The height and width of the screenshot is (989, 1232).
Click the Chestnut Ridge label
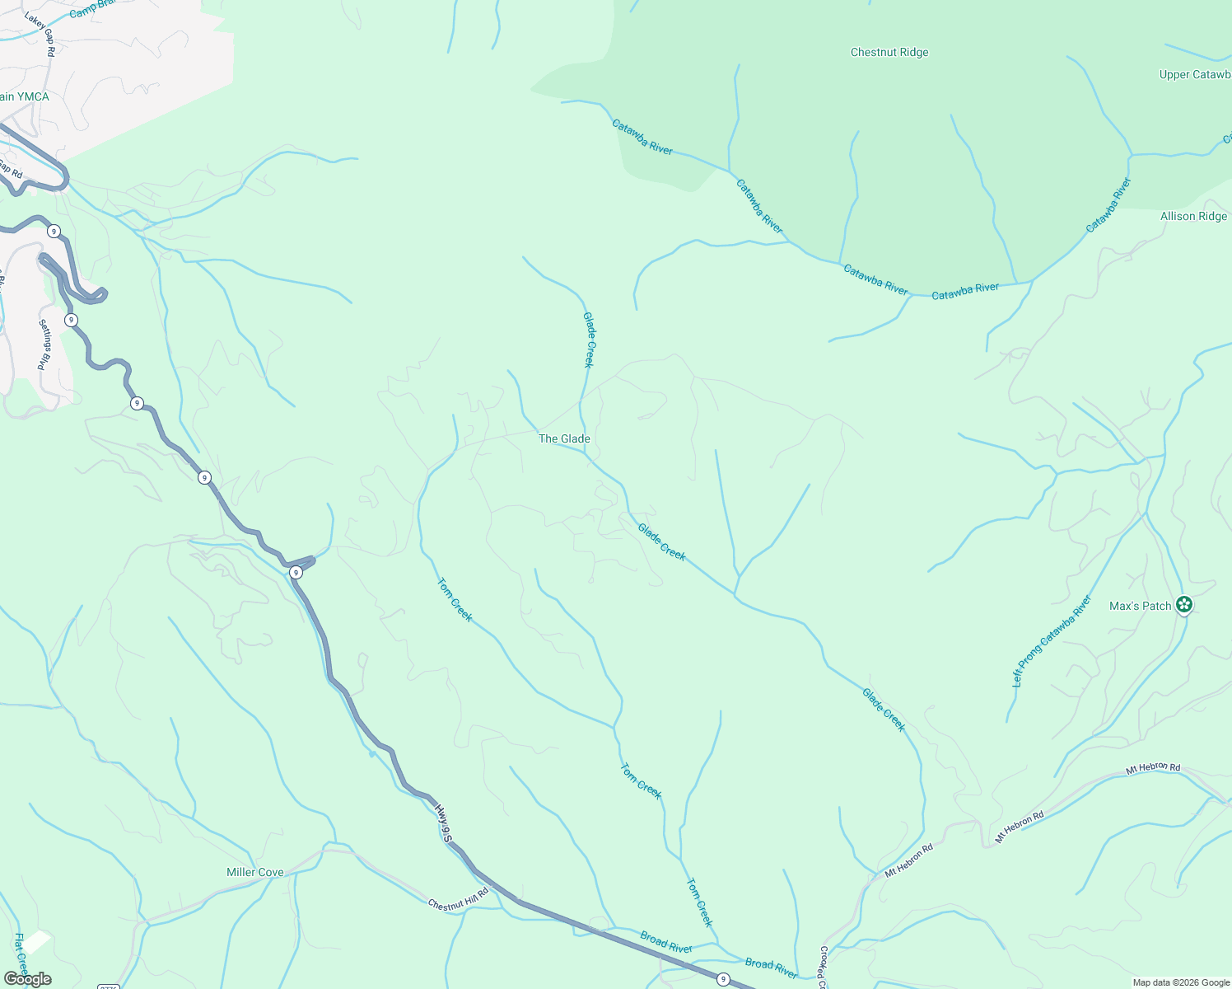tap(889, 53)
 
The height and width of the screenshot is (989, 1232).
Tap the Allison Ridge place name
tap(1193, 217)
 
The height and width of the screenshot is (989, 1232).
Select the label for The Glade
tap(564, 439)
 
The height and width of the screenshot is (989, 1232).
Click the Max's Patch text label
tap(1140, 607)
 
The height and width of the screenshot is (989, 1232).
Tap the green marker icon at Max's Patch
tap(1184, 605)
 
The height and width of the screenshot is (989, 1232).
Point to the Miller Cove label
tap(255, 873)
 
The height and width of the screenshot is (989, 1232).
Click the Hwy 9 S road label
tap(444, 823)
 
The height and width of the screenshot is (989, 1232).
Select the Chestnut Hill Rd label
tap(458, 898)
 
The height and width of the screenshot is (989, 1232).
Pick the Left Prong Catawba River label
tap(1051, 642)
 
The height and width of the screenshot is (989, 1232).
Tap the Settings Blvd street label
tap(45, 345)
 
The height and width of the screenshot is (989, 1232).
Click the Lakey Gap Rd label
tap(40, 34)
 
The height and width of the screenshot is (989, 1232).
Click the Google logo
tap(27, 979)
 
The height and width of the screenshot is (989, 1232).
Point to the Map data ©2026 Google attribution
tap(1181, 982)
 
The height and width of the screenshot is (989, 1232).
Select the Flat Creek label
tap(21, 954)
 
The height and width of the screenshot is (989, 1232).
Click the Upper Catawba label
tap(1195, 75)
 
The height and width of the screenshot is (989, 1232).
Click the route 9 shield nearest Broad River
tap(722, 979)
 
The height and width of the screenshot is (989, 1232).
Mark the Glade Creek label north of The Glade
tap(588, 340)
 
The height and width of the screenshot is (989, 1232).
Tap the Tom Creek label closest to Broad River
tap(698, 902)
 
